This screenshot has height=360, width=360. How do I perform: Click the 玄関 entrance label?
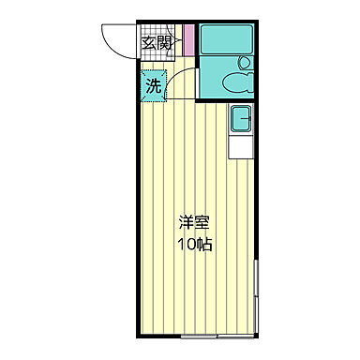coord(157,42)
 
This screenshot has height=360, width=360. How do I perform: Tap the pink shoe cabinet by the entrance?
coord(188,41)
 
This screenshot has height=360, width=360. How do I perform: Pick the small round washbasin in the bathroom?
coord(246,64)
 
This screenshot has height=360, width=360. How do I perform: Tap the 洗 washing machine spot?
coord(153,86)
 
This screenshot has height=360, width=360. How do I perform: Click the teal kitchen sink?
coord(240,118)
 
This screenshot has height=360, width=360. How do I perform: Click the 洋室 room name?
coord(195,225)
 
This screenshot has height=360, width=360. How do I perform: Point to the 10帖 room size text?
coord(195,246)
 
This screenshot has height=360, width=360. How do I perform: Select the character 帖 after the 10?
coord(204,246)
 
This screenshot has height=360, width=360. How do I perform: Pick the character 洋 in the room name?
coord(187,225)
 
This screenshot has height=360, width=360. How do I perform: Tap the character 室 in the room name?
coord(203,225)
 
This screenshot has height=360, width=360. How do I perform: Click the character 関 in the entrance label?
coord(165,42)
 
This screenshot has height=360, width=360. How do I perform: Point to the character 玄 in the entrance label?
coord(148,42)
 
